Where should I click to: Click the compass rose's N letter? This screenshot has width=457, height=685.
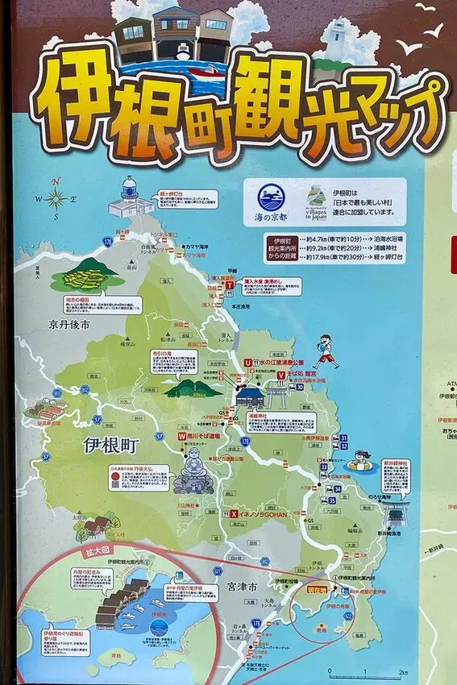56,181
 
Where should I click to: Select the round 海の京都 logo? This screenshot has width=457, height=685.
271,197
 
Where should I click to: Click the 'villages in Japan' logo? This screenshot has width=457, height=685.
317,197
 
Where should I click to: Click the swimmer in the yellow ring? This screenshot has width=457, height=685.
359,461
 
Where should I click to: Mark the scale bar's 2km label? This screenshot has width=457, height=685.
403,672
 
